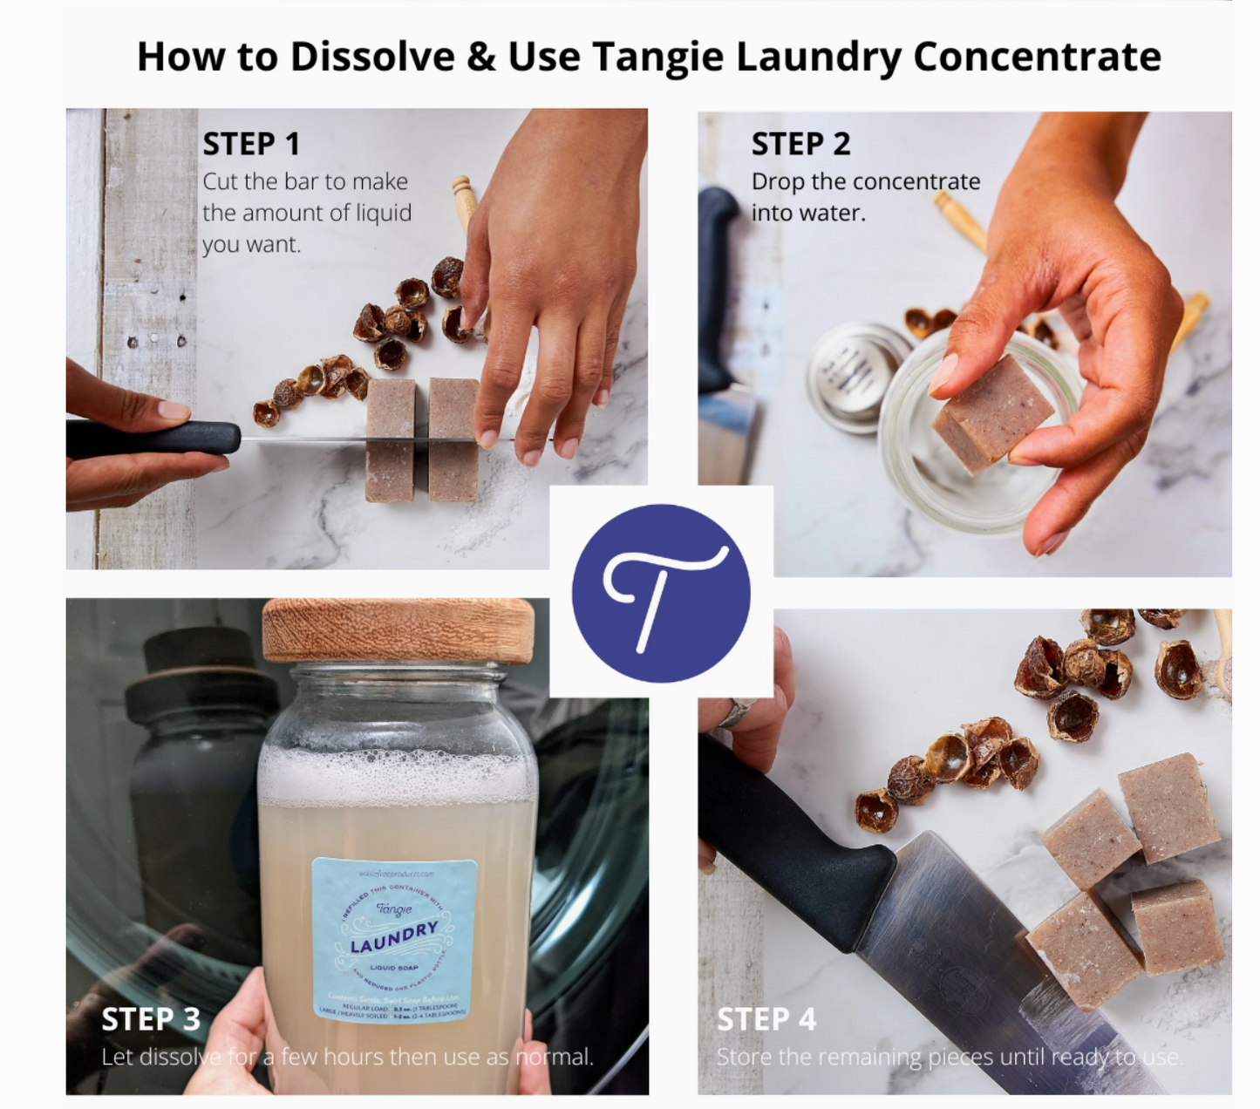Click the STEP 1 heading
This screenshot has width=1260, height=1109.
pos(251,144)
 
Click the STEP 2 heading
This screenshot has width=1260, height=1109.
pos(800,144)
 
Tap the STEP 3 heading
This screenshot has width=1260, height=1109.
pos(151,1018)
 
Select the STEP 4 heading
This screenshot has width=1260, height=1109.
pos(766,1018)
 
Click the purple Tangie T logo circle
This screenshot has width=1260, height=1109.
pos(661,593)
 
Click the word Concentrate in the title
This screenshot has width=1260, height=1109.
pos(1037,57)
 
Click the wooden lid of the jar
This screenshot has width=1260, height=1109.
pos(398,629)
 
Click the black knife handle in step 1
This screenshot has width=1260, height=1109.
pos(153,438)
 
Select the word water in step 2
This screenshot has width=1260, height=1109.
pos(836,213)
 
